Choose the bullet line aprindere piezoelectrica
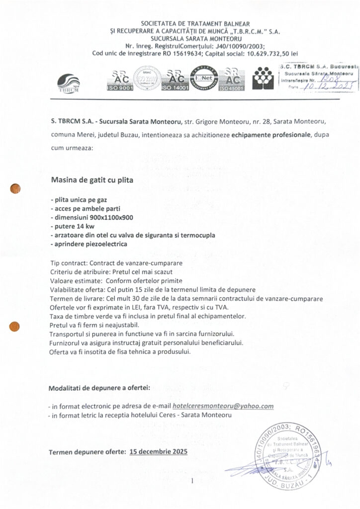89,244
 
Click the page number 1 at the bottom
191,481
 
